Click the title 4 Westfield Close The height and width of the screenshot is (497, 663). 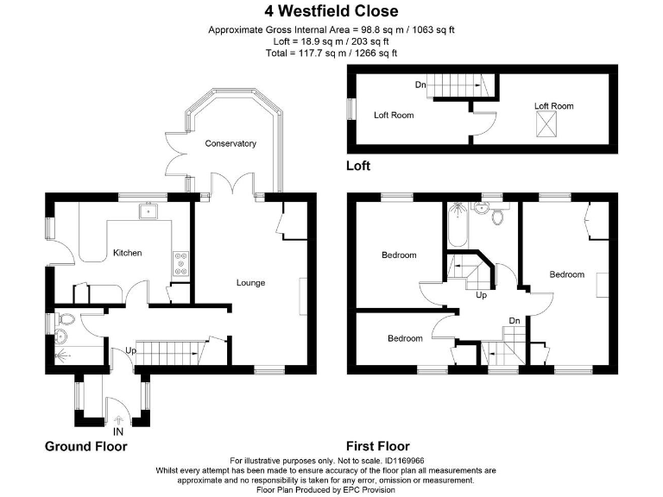tap(331, 11)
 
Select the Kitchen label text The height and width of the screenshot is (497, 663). tap(127, 253)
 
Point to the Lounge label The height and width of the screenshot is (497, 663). tap(250, 282)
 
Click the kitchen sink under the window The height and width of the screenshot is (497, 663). tap(148, 210)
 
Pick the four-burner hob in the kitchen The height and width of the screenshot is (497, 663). tap(182, 262)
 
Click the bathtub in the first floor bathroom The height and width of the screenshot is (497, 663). tap(455, 228)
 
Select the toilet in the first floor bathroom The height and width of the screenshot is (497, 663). tap(496, 217)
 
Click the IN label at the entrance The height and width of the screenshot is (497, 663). tap(118, 431)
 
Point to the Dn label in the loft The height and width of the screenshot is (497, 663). tap(420, 85)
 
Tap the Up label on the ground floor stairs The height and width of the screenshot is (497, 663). tap(130, 351)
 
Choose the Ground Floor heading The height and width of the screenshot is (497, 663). tap(85, 446)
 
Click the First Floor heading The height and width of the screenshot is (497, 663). tap(377, 446)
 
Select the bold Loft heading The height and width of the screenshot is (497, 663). tap(358, 165)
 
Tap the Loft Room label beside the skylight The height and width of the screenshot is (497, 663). tap(553, 106)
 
